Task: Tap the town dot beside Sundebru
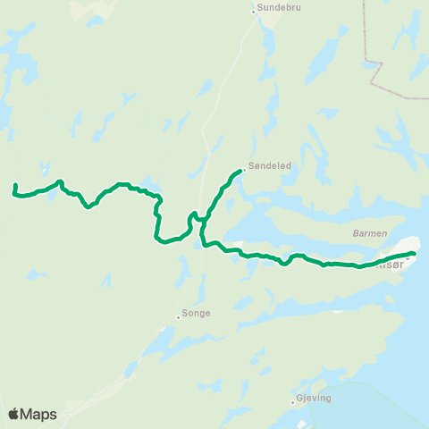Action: coord(253,11)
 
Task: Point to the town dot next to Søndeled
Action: coord(245,167)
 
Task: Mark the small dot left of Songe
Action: coord(178,315)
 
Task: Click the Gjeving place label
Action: coord(314,400)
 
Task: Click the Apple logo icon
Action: coord(13,414)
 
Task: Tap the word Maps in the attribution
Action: coord(39,414)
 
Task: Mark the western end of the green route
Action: coord(15,185)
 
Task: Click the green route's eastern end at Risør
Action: coord(415,254)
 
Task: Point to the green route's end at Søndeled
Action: coord(241,170)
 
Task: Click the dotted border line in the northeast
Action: coord(367,36)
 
